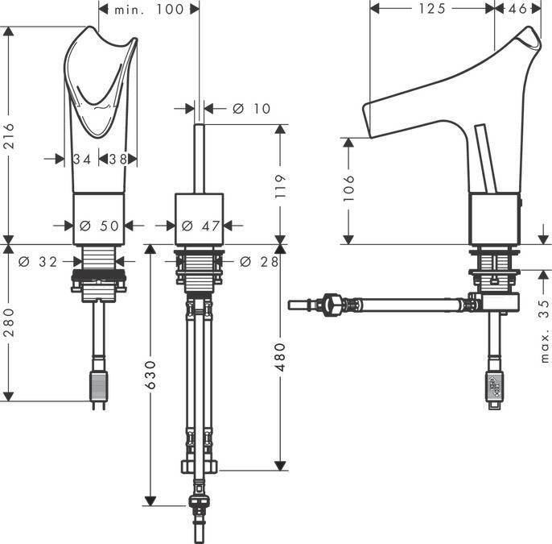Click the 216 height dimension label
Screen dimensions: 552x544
tap(8, 135)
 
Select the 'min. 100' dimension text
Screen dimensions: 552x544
tap(149, 10)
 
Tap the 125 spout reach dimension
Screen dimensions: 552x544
tap(432, 8)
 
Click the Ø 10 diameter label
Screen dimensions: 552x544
tap(251, 109)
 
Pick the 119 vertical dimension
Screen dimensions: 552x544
tap(280, 186)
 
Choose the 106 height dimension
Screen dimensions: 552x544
tap(348, 188)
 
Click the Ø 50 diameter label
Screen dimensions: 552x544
tap(99, 226)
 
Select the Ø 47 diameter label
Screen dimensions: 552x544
tap(201, 226)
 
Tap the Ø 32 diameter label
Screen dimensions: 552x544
tap(38, 262)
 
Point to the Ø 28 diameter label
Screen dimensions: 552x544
tap(259, 262)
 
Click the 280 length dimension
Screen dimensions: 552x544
tap(8, 322)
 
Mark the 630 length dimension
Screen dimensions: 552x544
tap(150, 375)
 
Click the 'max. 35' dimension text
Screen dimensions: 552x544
tap(544, 330)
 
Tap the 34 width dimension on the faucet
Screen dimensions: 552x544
tap(82, 160)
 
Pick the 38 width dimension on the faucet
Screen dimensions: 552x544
tap(117, 160)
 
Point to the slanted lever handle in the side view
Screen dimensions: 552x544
tap(486, 159)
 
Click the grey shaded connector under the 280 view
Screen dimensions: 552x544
tap(98, 386)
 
